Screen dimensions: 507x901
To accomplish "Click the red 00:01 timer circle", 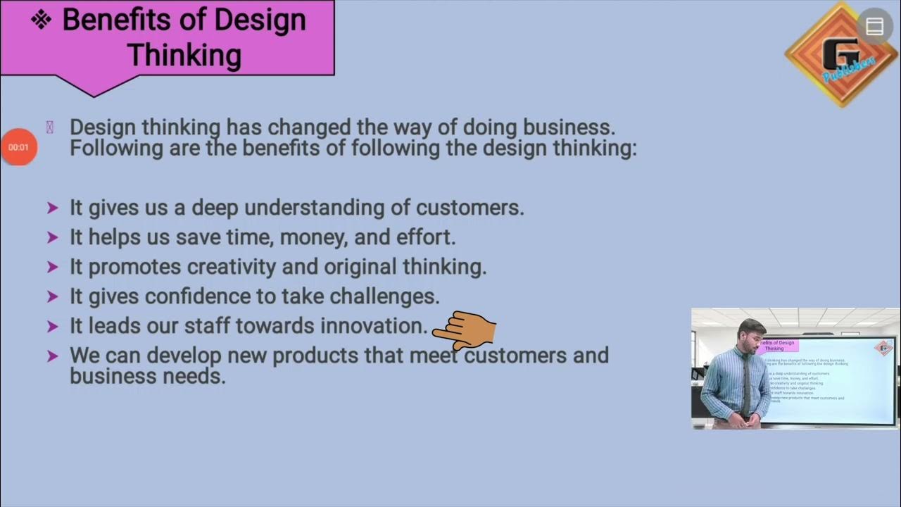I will tap(19, 147).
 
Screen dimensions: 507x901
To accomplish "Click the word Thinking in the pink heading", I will tap(184, 55).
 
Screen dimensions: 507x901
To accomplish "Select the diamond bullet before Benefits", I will tap(42, 20).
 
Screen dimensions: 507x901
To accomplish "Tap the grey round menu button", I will tap(874, 27).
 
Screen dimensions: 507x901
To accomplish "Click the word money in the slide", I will tap(315, 237).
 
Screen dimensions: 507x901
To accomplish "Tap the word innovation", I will tap(374, 326).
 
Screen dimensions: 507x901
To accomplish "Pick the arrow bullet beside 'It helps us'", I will tap(52, 237).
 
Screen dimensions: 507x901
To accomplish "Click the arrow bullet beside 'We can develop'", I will tap(52, 356).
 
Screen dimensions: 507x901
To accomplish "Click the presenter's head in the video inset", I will tap(752, 332).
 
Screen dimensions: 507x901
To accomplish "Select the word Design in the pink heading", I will tap(260, 20).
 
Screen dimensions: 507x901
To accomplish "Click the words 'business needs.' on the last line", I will tap(147, 376).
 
